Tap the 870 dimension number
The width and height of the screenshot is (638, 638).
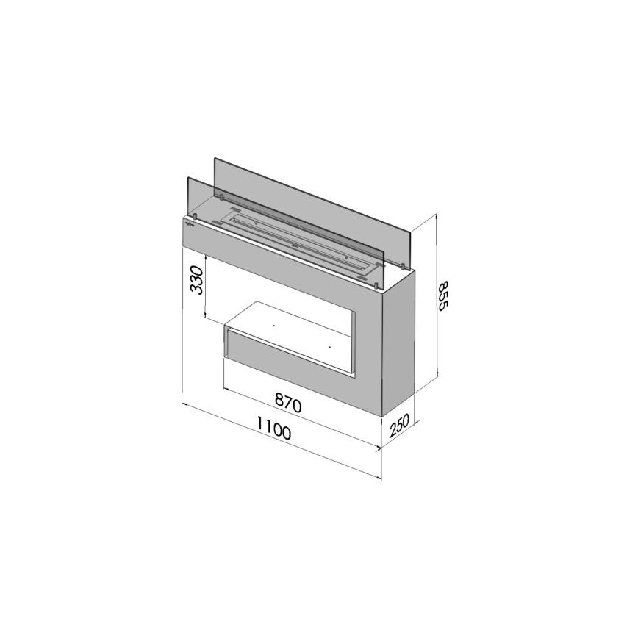click(x=289, y=404)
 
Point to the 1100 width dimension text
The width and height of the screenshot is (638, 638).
click(x=273, y=431)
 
